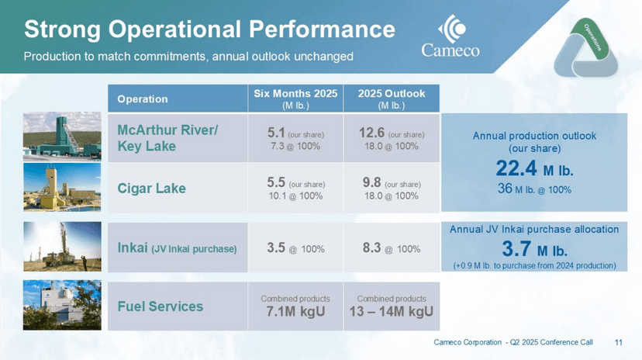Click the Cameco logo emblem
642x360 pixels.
pos(451,29)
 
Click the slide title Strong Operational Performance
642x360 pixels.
pos(209,29)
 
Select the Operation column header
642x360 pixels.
pos(143,99)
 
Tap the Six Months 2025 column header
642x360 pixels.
pos(295,99)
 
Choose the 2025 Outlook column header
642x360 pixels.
pos(392,99)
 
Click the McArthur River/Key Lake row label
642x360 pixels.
pos(167,137)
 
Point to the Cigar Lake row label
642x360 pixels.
pos(151,188)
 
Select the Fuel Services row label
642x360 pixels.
pos(160,306)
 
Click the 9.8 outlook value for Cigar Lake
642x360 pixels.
pos(371,183)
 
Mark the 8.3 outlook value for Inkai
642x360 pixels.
pos(373,248)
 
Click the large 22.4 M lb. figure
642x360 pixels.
pos(533,168)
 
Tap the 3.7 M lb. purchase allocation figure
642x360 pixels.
pos(534,249)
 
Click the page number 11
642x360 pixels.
pos(619,342)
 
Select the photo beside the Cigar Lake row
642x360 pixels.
pos(62,188)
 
